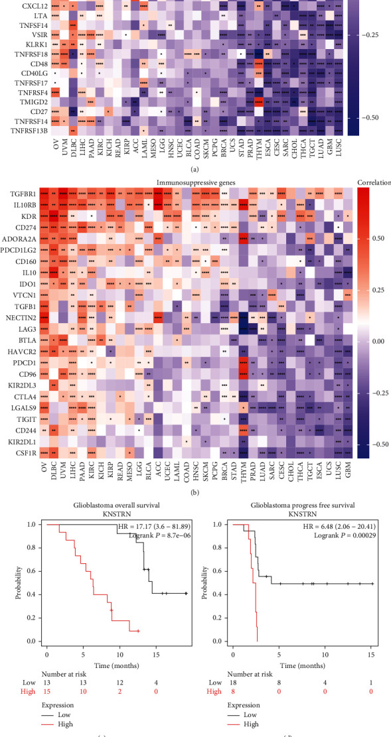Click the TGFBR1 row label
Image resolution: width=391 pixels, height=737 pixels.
[23, 194]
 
